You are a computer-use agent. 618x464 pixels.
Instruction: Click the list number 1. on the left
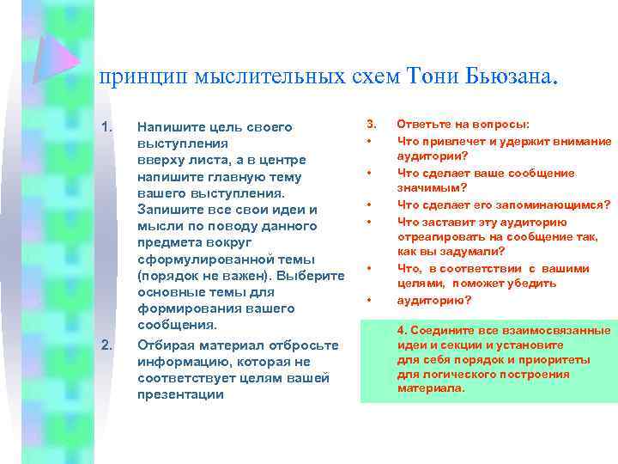pos(107,127)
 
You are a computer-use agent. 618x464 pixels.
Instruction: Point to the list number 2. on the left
pos(107,345)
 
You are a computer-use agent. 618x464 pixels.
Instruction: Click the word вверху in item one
pos(159,160)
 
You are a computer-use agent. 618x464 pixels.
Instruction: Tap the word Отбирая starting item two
pos(164,345)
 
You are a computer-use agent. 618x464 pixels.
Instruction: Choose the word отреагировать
pos(439,236)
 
